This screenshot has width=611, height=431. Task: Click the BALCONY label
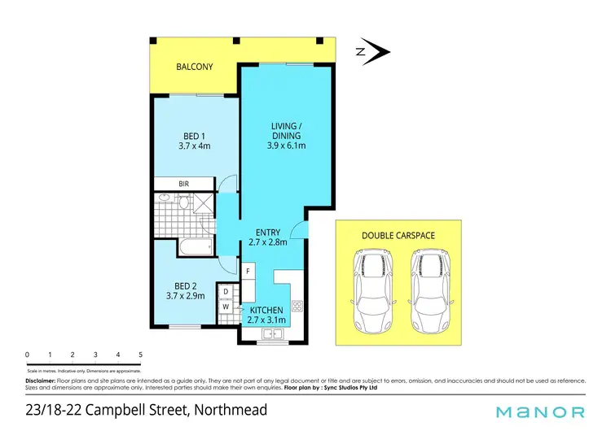[x=195, y=67]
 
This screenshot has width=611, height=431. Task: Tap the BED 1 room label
[x=194, y=136]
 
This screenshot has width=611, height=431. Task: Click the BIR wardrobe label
[x=184, y=184]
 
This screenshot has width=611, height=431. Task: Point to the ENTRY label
[x=268, y=231]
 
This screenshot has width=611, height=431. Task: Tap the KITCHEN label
[x=266, y=310]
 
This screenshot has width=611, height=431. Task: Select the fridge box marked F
[x=248, y=270]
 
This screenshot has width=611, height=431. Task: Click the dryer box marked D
[x=225, y=291]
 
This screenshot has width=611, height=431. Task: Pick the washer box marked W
[x=225, y=307]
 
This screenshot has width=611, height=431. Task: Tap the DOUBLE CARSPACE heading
[x=398, y=235]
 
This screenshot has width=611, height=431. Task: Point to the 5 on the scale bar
[x=141, y=355]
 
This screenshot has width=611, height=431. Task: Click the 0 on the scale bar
[x=27, y=355]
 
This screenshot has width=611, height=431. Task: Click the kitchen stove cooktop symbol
[x=297, y=307]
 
